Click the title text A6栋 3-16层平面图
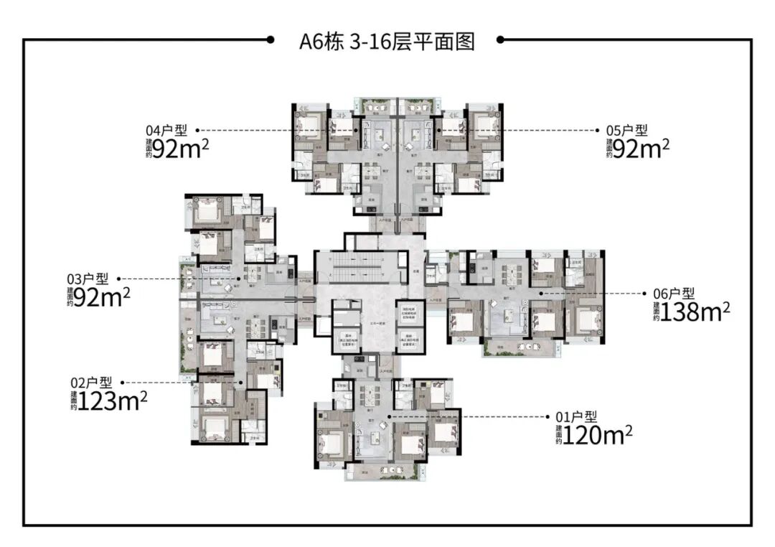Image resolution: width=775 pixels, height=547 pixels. point(387,41)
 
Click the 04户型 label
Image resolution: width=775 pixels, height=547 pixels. point(166,131)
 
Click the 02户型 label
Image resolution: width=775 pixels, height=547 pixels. point(91,383)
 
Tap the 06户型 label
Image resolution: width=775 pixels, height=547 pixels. point(673,293)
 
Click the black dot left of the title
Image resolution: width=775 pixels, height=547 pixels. point(270,40)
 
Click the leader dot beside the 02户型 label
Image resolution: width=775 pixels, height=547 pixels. point(123,383)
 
